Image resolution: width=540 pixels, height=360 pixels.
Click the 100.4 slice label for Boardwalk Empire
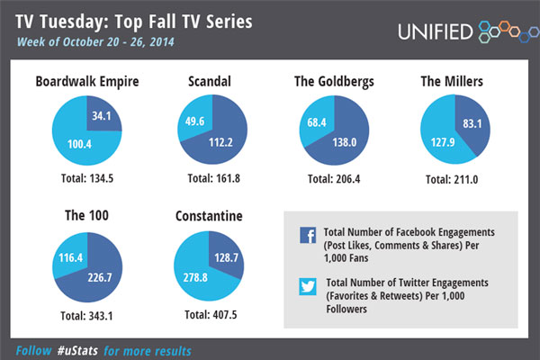tap(75, 144)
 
